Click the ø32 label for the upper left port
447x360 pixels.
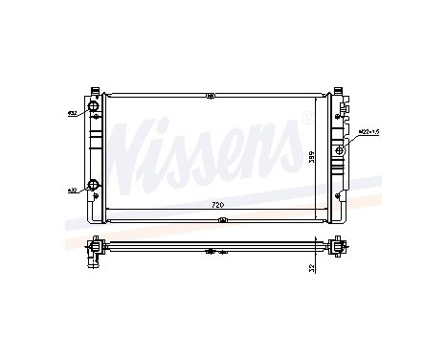click(x=71, y=114)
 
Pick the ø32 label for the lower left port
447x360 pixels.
click(x=71, y=191)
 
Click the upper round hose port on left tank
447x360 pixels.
click(x=94, y=106)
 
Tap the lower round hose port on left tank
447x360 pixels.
click(x=93, y=185)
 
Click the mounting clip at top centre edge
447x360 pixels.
click(x=209, y=95)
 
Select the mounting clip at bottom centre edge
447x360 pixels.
click(x=221, y=220)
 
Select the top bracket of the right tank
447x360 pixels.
click(x=337, y=95)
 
